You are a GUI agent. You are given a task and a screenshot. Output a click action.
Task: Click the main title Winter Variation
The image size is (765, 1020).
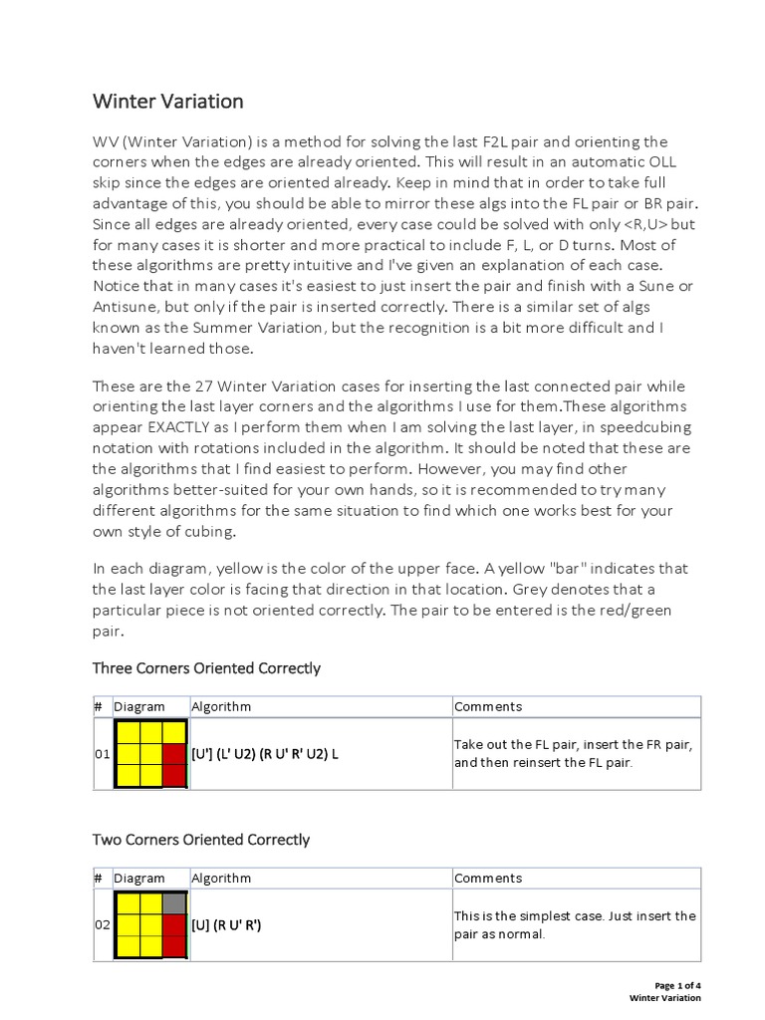pyautogui.click(x=167, y=102)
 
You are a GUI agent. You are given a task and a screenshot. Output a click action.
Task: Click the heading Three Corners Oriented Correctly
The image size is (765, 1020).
pyautogui.click(x=206, y=667)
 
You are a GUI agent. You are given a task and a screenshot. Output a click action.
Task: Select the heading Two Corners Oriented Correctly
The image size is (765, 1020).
pyautogui.click(x=201, y=839)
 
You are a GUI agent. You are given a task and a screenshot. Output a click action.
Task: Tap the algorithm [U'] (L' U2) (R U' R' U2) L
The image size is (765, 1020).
pyautogui.click(x=265, y=754)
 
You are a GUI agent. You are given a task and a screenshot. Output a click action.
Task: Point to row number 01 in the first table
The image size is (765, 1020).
pyautogui.click(x=102, y=754)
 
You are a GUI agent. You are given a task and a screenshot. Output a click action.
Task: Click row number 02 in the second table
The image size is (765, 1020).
pyautogui.click(x=102, y=924)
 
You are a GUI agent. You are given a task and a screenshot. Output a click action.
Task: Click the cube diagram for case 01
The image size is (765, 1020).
pyautogui.click(x=150, y=754)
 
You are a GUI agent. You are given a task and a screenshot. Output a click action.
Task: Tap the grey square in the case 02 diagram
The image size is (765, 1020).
pyautogui.click(x=174, y=902)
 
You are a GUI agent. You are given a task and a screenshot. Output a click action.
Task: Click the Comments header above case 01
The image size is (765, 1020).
pyautogui.click(x=488, y=706)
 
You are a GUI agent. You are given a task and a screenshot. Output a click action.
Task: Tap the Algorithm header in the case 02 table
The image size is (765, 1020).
pyautogui.click(x=221, y=878)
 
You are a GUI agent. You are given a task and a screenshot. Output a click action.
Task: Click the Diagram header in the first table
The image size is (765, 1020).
pyautogui.click(x=139, y=706)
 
